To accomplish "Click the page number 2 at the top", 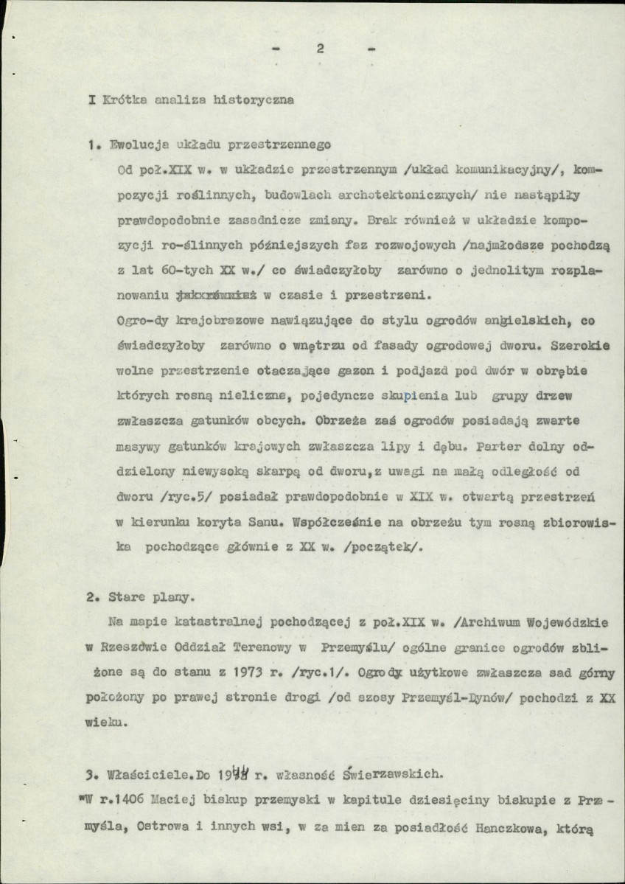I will point(320,49).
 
